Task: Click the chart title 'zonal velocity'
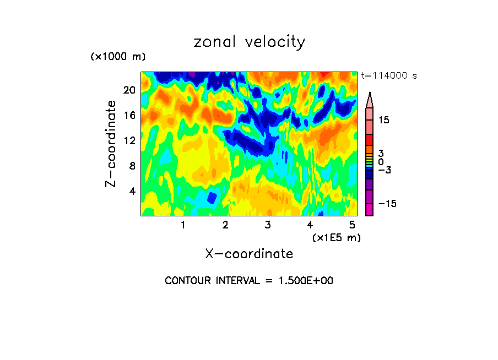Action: click(x=249, y=42)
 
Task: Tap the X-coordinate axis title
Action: click(x=249, y=253)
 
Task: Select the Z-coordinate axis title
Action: click(x=111, y=144)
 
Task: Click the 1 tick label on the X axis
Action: click(x=183, y=225)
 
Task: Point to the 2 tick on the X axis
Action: click(x=225, y=225)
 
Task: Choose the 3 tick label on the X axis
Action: click(x=268, y=225)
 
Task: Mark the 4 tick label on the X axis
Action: click(x=310, y=225)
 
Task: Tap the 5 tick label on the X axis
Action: click(x=352, y=225)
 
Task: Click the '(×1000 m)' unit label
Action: click(x=118, y=57)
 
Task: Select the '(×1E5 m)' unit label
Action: click(x=335, y=237)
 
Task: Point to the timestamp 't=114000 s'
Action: click(x=389, y=75)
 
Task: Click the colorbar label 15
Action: click(x=383, y=120)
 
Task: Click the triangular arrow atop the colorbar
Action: click(x=370, y=100)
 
